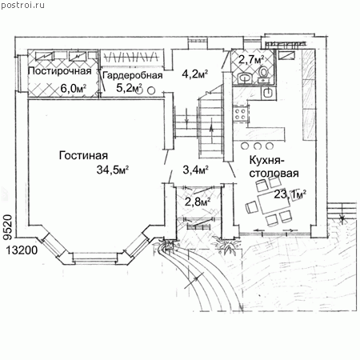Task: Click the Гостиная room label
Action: (x=83, y=155)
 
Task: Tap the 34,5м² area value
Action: (x=113, y=170)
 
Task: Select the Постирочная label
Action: (x=59, y=71)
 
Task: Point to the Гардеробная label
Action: (x=133, y=75)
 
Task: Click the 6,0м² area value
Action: (x=74, y=88)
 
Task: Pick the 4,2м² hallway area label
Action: (x=195, y=74)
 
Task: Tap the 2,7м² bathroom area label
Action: (x=251, y=59)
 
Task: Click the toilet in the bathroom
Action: (x=263, y=73)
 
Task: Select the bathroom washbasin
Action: (x=245, y=78)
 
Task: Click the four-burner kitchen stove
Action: (x=241, y=113)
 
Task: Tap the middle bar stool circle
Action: (x=258, y=146)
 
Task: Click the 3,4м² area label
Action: (x=195, y=170)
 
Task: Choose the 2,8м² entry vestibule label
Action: (x=198, y=202)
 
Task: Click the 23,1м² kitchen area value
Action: (x=290, y=194)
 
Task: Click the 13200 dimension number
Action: (x=22, y=250)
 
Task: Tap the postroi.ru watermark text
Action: (x=22, y=5)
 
